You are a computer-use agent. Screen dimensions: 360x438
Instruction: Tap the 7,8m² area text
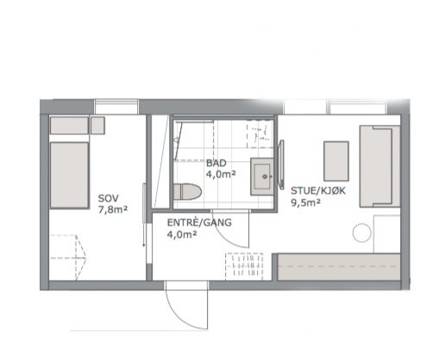pos(113,208)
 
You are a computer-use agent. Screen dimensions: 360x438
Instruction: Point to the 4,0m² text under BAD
pos(220,174)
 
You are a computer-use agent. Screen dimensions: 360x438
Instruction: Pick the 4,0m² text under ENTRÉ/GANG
pos(182,233)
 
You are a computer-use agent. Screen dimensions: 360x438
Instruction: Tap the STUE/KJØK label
pos(318,193)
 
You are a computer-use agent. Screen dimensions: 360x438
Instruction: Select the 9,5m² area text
pos(305,204)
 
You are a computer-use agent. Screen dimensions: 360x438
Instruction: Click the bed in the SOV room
pos(69,176)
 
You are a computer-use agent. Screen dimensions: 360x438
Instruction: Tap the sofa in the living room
pos(379,165)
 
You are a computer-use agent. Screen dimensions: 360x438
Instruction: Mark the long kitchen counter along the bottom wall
pos(336,267)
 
